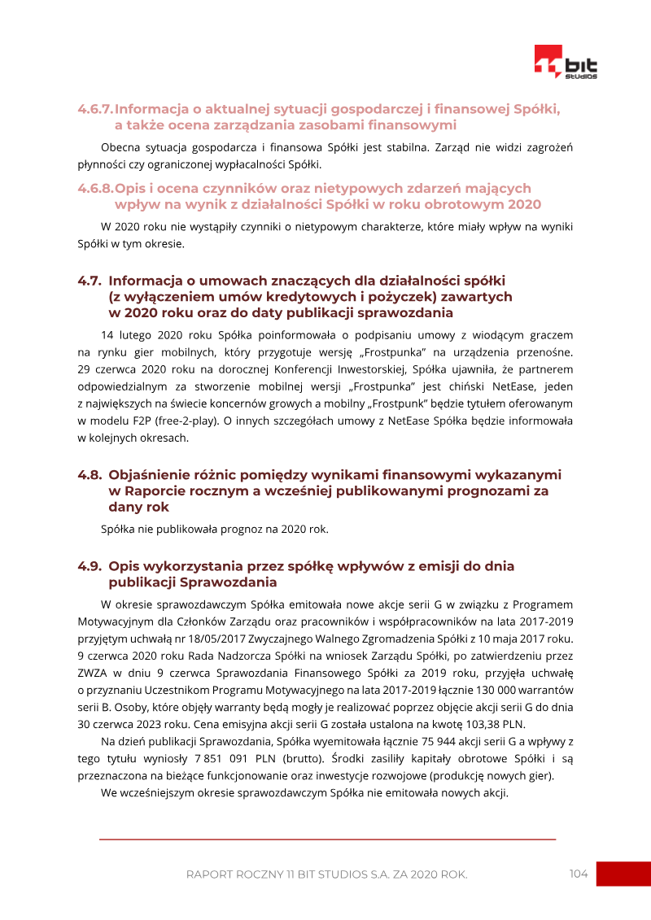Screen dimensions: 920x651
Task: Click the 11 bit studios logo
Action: click(x=566, y=63)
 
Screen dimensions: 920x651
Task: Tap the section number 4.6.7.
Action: click(x=95, y=108)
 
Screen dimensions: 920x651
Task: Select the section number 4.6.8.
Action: click(x=95, y=188)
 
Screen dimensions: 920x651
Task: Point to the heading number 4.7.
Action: click(x=90, y=281)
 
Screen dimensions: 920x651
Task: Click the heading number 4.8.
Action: click(x=90, y=474)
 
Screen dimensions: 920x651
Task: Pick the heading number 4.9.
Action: click(x=90, y=566)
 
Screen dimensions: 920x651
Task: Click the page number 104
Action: click(x=579, y=874)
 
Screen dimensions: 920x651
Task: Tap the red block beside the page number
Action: click(x=623, y=874)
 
